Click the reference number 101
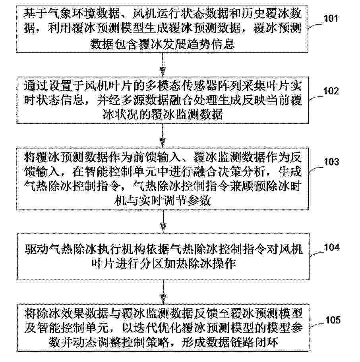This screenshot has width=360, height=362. click(331, 19)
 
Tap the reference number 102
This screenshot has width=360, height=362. click(331, 91)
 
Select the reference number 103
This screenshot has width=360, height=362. click(331, 162)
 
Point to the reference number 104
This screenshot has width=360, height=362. click(332, 247)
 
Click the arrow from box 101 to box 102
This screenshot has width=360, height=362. click(163, 64)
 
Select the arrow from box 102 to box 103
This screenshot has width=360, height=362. click(163, 135)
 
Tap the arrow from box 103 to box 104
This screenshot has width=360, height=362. click(163, 221)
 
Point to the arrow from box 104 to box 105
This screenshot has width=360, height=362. click(163, 292)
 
